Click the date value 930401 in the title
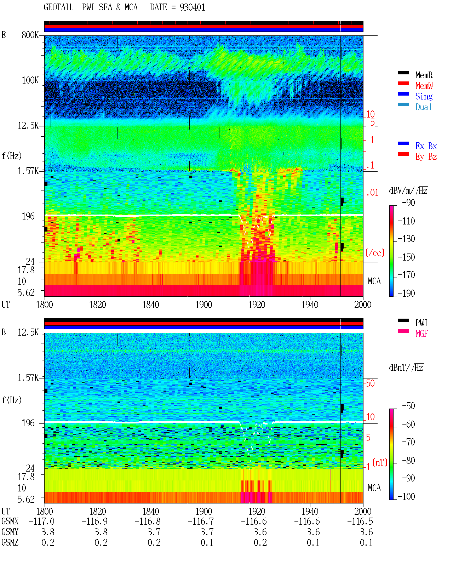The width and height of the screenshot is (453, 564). coord(192,7)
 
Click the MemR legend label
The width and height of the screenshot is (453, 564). coord(424,75)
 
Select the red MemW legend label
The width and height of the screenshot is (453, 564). coord(424,86)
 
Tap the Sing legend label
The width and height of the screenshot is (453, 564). coord(424,96)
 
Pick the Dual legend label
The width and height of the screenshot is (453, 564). coord(423,107)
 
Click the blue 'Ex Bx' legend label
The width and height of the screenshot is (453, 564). coord(426,146)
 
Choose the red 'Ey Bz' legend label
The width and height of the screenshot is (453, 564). coord(426,156)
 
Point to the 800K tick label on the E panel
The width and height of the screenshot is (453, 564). coord(30,35)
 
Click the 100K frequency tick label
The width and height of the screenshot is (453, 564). coord(30,80)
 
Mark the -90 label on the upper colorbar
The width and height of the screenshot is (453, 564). coord(408,203)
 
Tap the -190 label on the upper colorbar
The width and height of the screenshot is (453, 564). coord(406,293)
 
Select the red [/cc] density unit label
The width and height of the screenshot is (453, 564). coord(375,253)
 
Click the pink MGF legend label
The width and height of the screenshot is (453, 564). coord(422,334)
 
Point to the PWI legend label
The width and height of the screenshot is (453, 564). coord(421,323)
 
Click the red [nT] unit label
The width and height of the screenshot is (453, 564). coord(380,462)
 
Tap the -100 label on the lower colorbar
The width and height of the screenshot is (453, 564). coord(406,496)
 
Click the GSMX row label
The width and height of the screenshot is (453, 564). coord(10,521)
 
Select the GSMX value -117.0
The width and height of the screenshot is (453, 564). coord(41,521)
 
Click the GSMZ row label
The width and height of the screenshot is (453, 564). coord(10,542)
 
